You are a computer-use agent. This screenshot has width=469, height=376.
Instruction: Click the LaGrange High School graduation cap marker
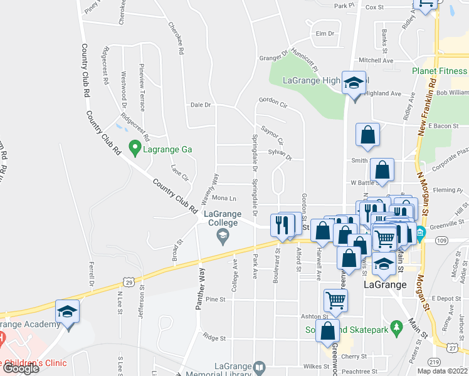pos(354,82)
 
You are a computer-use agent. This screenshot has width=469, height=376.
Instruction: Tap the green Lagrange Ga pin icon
pos(134,149)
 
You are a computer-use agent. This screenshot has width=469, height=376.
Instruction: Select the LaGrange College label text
pos(222,218)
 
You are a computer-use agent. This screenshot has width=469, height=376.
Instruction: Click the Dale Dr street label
pos(201,105)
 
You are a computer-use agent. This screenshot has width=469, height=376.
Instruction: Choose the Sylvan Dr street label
pos(280,154)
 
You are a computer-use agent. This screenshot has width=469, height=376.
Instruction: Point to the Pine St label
pos(215,300)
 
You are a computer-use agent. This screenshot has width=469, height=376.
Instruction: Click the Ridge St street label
pos(216,338)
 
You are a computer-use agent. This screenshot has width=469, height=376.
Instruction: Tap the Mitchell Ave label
pos(376,60)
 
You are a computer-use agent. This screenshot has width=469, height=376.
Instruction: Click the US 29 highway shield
pos(128,284)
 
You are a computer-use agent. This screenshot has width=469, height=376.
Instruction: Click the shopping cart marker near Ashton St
pos(335,300)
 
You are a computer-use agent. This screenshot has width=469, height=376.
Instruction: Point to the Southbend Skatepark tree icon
pos(396,327)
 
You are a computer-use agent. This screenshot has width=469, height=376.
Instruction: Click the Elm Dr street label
pos(325,33)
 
